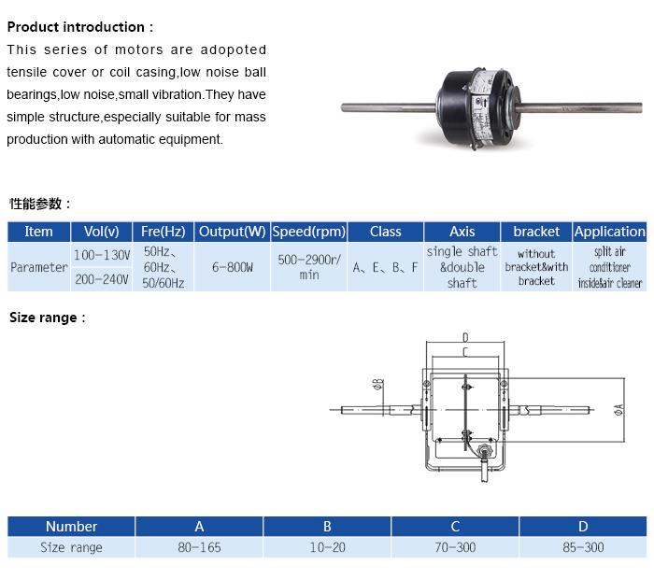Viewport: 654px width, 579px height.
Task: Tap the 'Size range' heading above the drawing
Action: click(x=48, y=318)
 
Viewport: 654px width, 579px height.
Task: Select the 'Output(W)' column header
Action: click(x=234, y=232)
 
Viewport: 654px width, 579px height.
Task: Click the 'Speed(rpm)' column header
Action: click(x=309, y=232)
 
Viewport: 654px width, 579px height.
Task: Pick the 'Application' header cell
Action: click(x=609, y=232)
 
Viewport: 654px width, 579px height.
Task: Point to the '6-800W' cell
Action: click(x=234, y=267)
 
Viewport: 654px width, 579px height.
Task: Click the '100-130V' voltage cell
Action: click(x=102, y=255)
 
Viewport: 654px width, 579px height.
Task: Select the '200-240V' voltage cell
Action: click(x=102, y=279)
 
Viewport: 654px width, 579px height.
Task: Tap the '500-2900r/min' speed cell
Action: click(x=309, y=267)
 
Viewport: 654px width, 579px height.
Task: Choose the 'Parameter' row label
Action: click(x=39, y=267)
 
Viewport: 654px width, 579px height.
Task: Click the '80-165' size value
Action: click(x=199, y=547)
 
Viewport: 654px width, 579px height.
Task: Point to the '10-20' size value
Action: click(x=327, y=547)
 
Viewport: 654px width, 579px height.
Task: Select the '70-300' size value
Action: click(x=455, y=547)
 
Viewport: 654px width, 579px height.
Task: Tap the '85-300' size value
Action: click(x=583, y=547)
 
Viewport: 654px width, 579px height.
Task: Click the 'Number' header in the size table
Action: click(x=72, y=527)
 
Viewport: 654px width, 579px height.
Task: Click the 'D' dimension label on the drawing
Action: click(x=465, y=336)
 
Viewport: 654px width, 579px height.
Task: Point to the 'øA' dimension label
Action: click(x=620, y=408)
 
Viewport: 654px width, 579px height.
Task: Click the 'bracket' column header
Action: click(x=536, y=232)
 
